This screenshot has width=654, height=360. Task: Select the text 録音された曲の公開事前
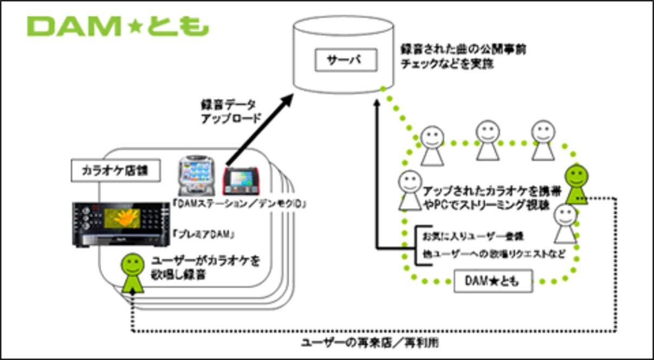[463, 49]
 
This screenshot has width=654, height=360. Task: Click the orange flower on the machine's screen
[126, 217]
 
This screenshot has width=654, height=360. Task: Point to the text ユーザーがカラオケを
[206, 261]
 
